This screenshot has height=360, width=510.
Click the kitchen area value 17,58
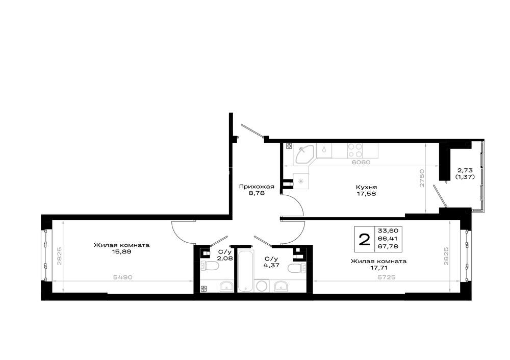tap(367, 194)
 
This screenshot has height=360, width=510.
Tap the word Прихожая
tap(257, 187)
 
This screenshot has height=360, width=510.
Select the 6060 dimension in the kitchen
tap(361, 162)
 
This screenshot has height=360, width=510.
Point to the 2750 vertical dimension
tap(422, 178)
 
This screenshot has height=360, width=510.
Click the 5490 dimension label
tap(122, 277)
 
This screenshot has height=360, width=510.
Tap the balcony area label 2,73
tap(465, 170)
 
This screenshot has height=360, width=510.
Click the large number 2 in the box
tap(364, 240)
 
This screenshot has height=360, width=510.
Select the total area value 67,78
tap(388, 246)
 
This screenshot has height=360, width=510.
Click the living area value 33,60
tap(388, 230)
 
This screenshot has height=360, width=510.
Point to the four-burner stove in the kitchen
tap(355, 150)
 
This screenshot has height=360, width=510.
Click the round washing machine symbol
tap(261, 286)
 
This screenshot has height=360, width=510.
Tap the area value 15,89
tap(122, 251)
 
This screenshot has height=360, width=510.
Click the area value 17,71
tap(378, 268)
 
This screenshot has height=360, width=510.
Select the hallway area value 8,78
tap(257, 193)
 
